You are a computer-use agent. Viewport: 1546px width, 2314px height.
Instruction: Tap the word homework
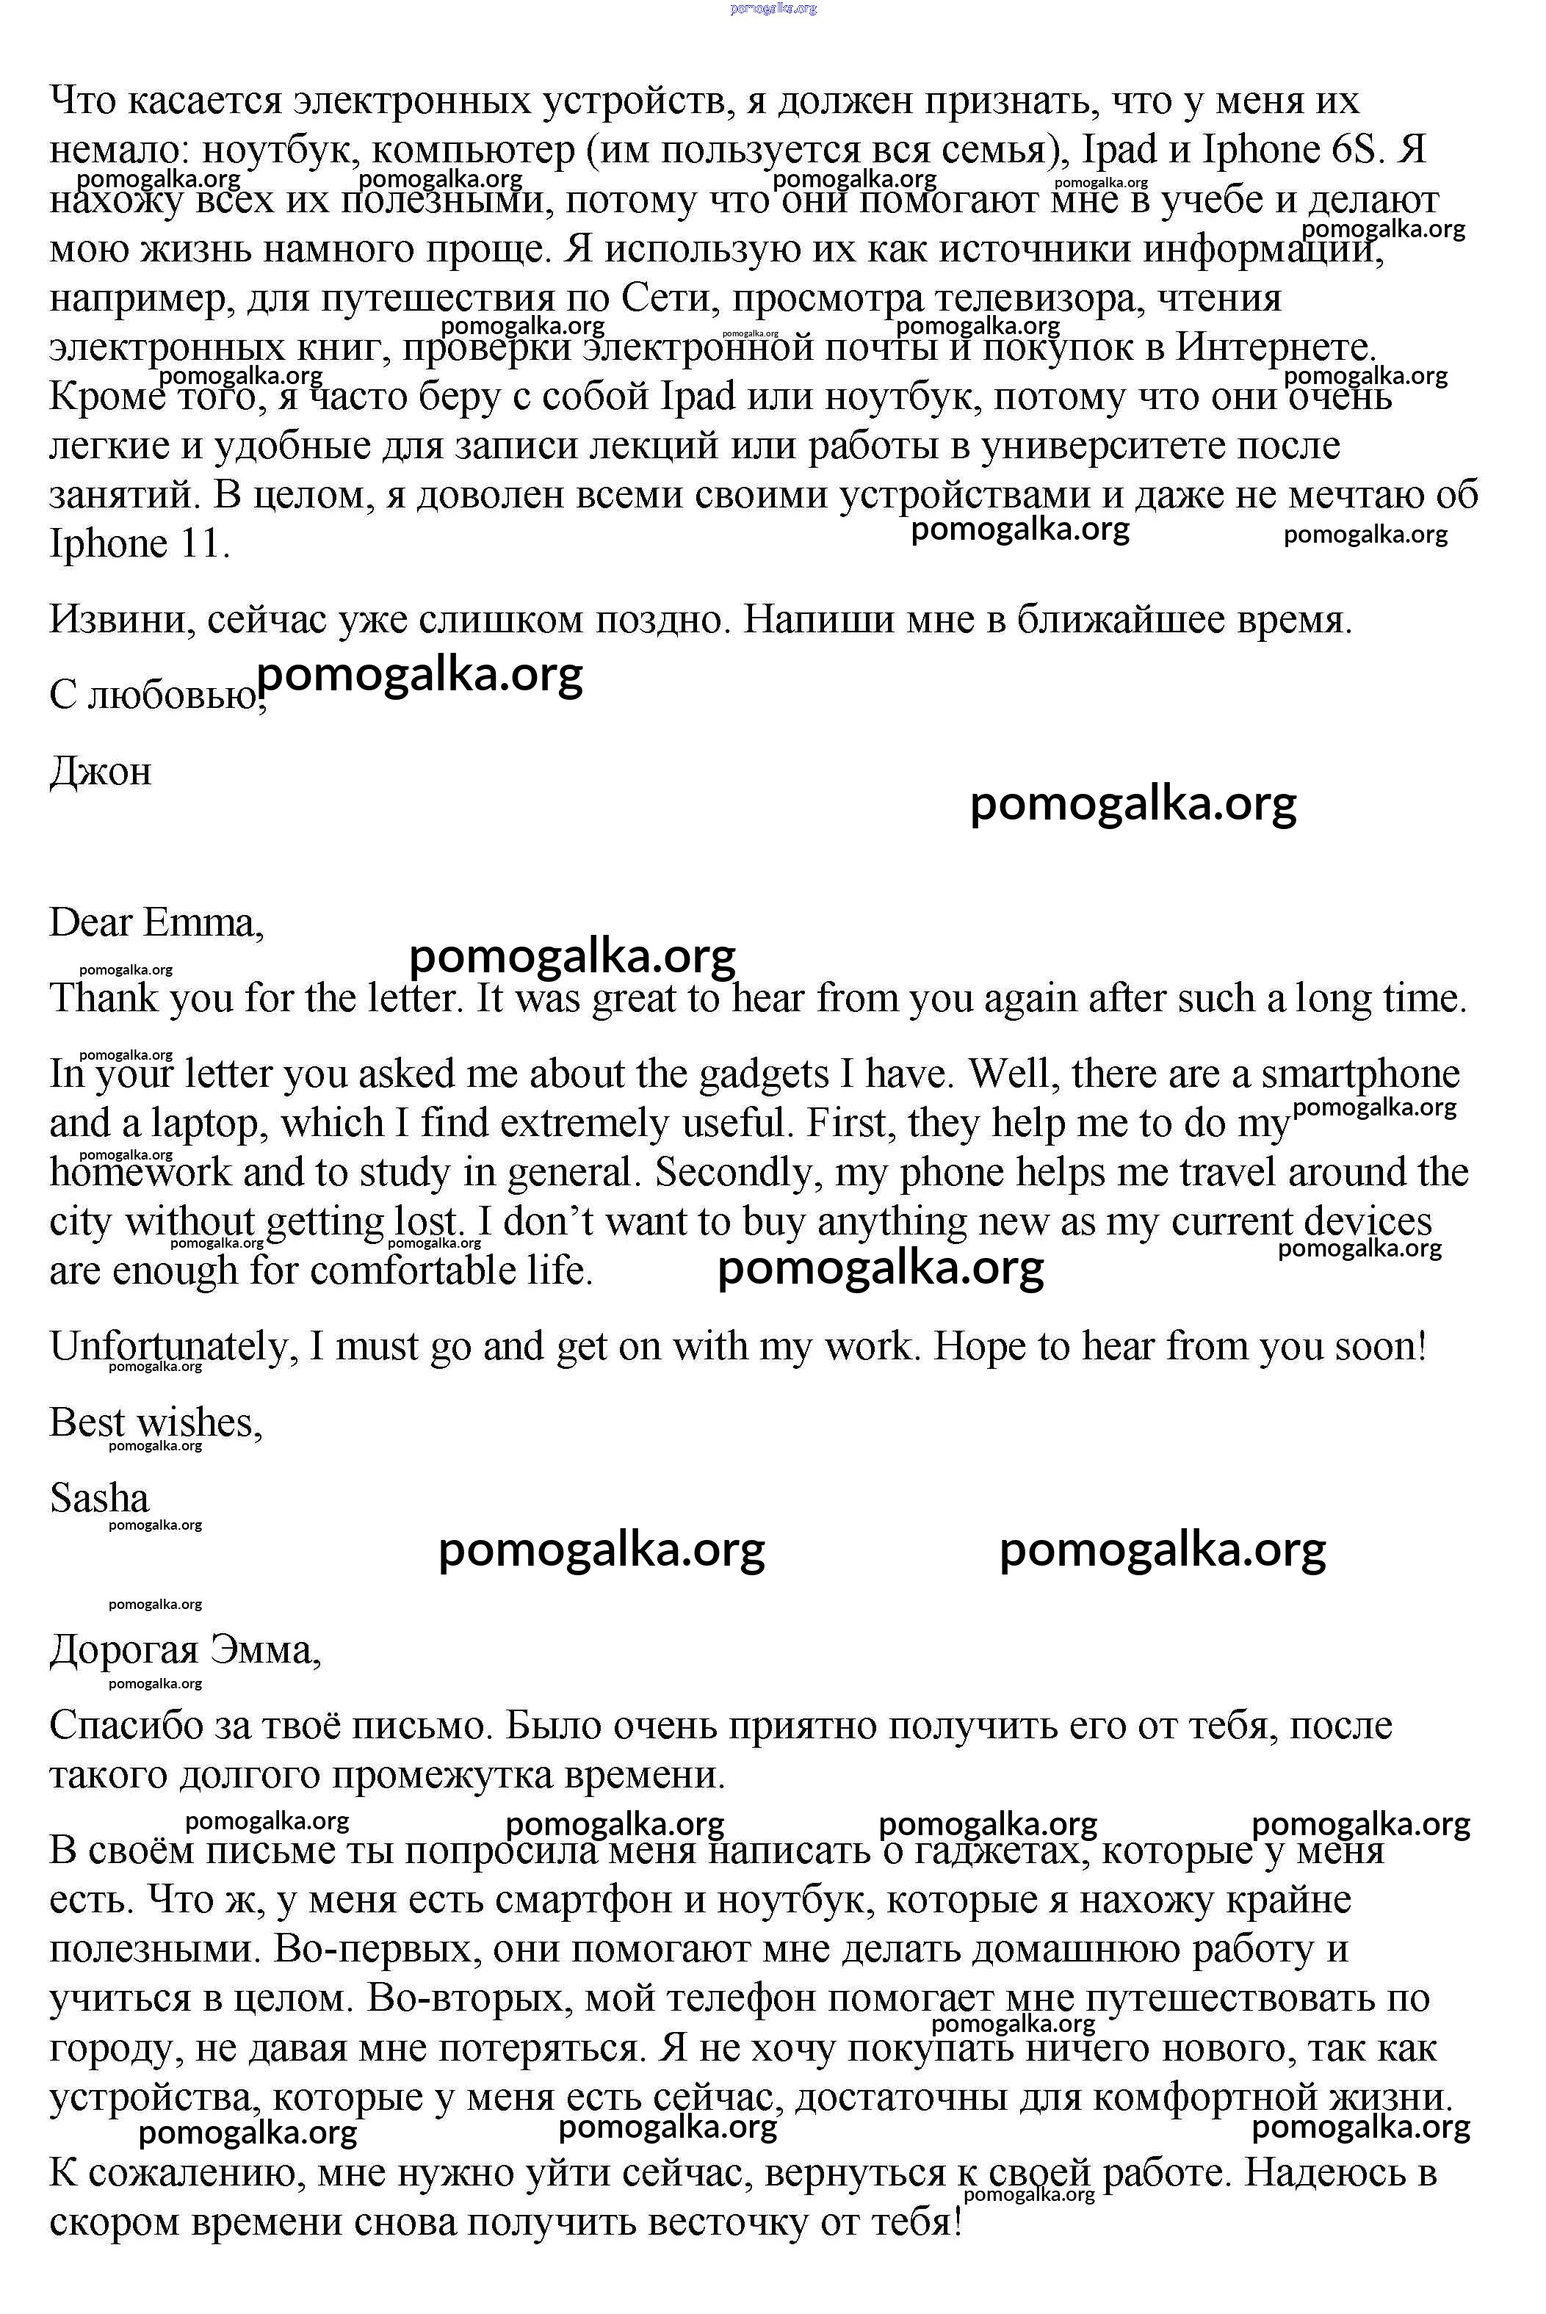point(140,1172)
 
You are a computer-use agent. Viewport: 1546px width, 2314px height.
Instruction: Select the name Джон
point(101,770)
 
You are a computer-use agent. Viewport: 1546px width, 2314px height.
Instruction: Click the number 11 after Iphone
point(204,543)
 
